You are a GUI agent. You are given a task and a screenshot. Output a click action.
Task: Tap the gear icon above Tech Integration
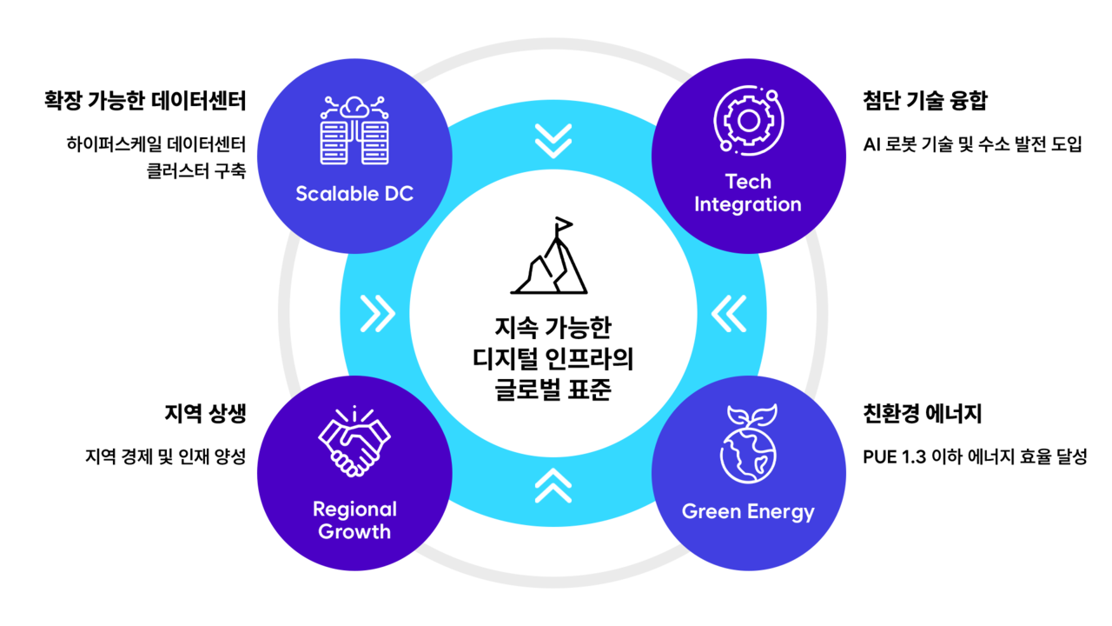click(748, 121)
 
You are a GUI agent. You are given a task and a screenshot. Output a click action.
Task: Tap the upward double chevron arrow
click(553, 485)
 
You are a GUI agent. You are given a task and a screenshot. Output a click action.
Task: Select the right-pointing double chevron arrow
click(378, 314)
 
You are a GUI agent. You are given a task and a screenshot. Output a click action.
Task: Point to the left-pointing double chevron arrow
click(729, 314)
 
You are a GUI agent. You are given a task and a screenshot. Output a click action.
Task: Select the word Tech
click(748, 182)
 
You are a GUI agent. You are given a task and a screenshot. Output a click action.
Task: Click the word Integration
click(748, 205)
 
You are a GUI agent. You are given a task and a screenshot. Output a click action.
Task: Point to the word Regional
click(354, 509)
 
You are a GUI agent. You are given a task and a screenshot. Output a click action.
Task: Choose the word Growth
click(354, 532)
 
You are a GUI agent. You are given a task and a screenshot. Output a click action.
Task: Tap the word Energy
click(782, 511)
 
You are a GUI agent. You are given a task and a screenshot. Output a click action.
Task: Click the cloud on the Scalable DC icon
click(354, 108)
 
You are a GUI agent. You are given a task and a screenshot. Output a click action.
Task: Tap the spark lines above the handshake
click(354, 412)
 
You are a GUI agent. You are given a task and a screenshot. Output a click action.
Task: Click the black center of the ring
click(553, 313)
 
